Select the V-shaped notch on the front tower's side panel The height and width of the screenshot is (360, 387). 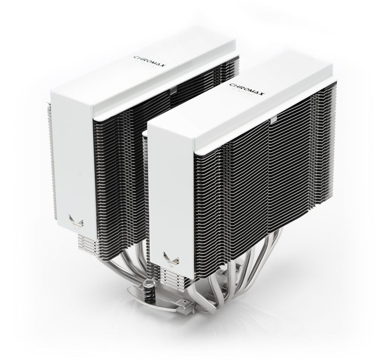click(168, 256)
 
